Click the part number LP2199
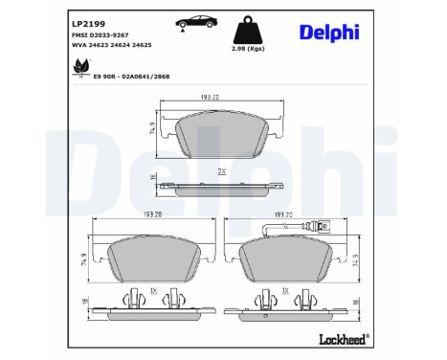click(88, 24)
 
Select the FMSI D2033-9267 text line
click(101, 35)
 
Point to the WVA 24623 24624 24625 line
click(112, 45)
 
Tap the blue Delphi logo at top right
click(329, 33)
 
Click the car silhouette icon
click(196, 22)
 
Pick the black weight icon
click(248, 30)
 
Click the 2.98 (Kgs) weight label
click(248, 49)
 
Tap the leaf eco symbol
click(80, 67)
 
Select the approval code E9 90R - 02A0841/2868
click(131, 77)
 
